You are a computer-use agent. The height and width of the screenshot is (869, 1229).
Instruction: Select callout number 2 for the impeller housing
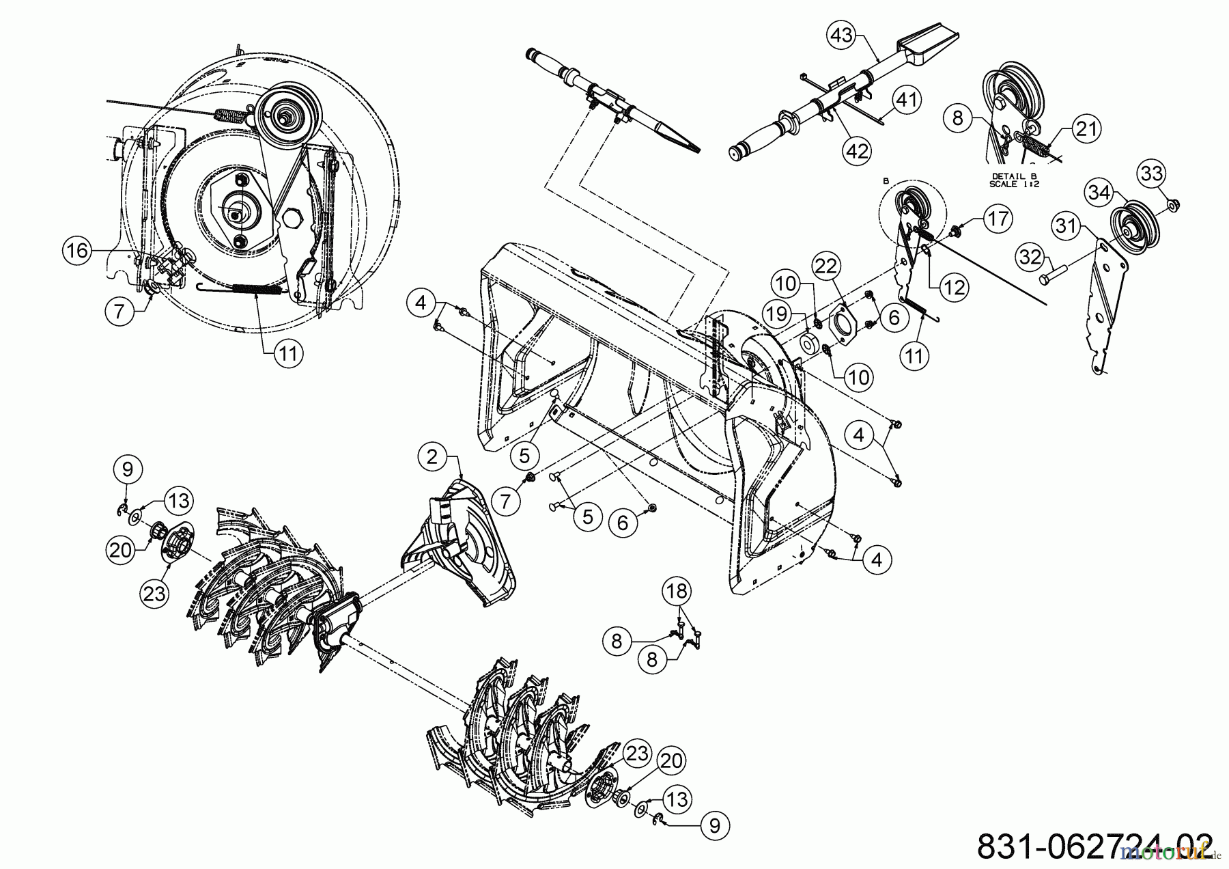tap(432, 457)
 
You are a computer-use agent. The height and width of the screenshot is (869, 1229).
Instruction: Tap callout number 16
tap(77, 251)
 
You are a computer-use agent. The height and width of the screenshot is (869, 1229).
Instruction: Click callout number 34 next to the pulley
tap(1099, 193)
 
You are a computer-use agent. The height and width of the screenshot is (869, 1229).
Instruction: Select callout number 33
tap(1152, 174)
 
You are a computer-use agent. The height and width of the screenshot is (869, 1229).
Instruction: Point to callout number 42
tap(858, 150)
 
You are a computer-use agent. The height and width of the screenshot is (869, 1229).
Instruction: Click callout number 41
tap(906, 100)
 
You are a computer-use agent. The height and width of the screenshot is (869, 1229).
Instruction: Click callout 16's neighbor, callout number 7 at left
tap(121, 311)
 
